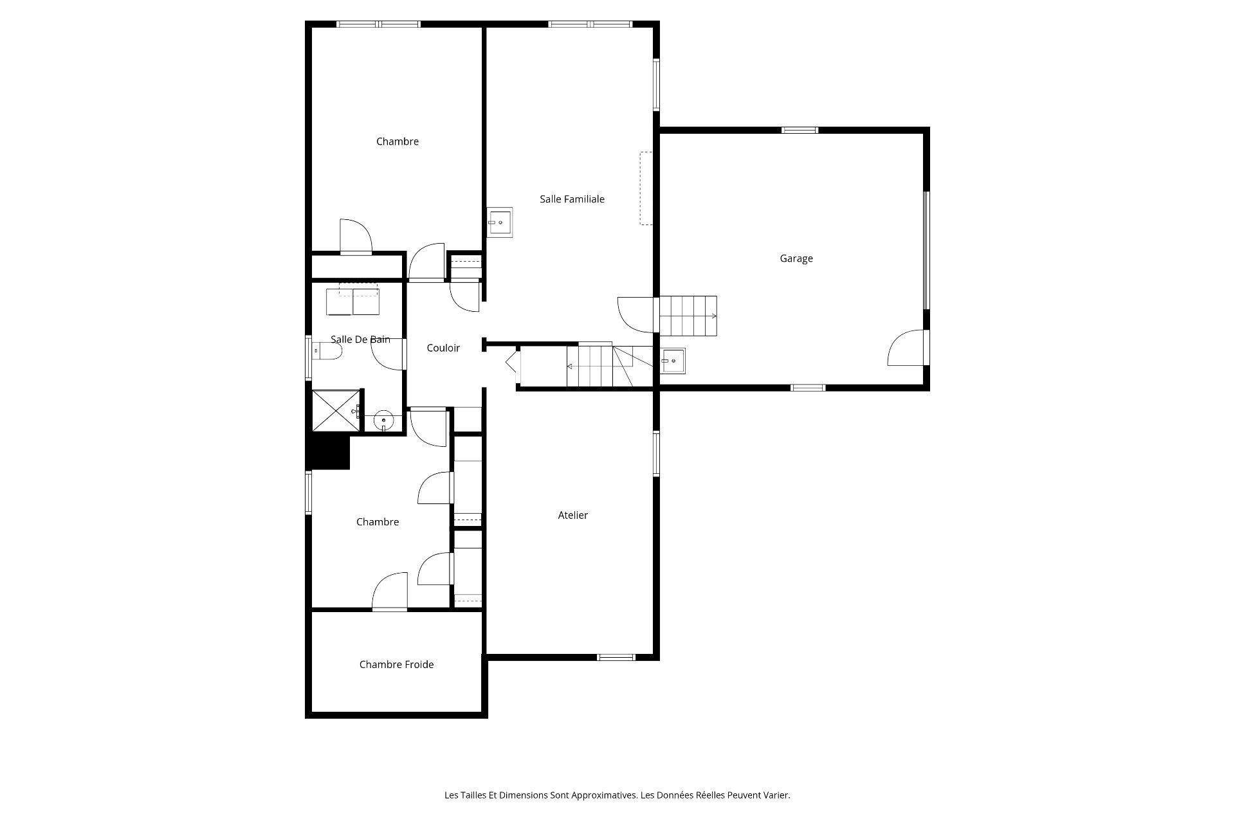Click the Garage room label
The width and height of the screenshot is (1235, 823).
coord(796,258)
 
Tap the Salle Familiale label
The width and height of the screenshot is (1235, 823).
coord(572,199)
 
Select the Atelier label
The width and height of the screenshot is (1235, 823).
coord(572,515)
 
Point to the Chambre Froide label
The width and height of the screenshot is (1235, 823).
coord(396,664)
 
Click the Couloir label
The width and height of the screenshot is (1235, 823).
coord(443,348)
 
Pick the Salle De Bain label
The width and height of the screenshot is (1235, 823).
coord(360,339)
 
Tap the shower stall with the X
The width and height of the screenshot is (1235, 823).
coord(335,410)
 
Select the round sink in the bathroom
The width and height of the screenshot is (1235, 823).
coord(383,421)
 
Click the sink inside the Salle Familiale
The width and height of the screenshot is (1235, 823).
coord(500,222)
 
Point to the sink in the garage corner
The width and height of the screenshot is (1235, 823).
coord(672,361)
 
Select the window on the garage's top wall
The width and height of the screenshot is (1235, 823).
coord(800,130)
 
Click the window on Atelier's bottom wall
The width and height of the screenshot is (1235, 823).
coord(616,657)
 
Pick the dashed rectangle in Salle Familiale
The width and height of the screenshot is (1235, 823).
coord(645,188)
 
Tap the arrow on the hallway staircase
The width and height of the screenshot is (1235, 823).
coord(570,366)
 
